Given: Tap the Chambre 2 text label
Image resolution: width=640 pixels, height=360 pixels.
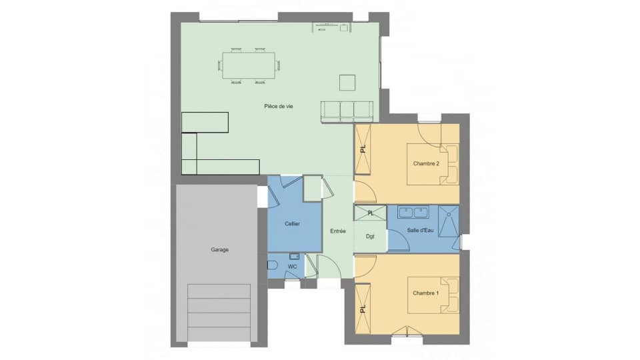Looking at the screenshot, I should pyautogui.click(x=426, y=163).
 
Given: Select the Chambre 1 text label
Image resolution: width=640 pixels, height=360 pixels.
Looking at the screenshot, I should pyautogui.click(x=426, y=293).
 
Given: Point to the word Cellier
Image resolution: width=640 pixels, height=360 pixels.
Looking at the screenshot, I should pyautogui.click(x=291, y=224).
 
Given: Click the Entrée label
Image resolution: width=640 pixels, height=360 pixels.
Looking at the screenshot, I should pyautogui.click(x=337, y=231).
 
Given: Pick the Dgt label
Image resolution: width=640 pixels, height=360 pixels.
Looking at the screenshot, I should pyautogui.click(x=370, y=235).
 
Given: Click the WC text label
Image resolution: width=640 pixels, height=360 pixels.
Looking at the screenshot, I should pyautogui.click(x=292, y=267).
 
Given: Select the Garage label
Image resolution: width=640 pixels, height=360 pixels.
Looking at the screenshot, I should pyautogui.click(x=220, y=250).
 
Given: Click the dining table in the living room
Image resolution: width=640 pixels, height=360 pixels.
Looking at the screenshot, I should pyautogui.click(x=248, y=65).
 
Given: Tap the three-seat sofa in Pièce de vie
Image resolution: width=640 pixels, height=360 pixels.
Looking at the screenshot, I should pyautogui.click(x=346, y=111).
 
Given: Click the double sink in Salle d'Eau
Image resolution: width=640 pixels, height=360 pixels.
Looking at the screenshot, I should pyautogui.click(x=413, y=213).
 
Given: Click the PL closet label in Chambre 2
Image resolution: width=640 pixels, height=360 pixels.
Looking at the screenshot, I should pyautogui.click(x=363, y=149).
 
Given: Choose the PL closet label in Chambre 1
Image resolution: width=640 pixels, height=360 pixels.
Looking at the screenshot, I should pyautogui.click(x=363, y=309).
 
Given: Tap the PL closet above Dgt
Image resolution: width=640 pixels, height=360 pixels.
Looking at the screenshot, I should pyautogui.click(x=371, y=213).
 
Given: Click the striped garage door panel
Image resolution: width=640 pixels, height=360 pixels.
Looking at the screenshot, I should pyautogui.click(x=220, y=312).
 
